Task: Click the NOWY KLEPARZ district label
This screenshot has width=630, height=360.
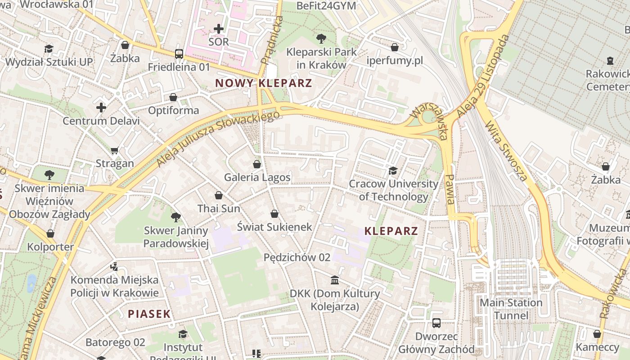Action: (x=263, y=83)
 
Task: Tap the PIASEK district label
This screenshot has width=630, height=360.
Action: (x=149, y=314)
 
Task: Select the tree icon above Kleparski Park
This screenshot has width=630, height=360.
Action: (x=321, y=38)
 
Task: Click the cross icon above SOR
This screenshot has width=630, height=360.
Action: (x=219, y=29)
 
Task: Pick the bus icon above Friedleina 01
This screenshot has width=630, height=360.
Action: (x=179, y=54)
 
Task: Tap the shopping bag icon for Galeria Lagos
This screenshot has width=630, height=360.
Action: (x=257, y=164)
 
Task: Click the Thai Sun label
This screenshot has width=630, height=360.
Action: (x=219, y=209)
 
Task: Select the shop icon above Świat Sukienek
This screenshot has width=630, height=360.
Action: (x=274, y=214)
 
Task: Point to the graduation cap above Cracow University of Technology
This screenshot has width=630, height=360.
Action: (x=393, y=171)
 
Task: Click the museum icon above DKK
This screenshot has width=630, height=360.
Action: (x=335, y=280)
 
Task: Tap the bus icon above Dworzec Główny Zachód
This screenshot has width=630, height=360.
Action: (x=436, y=323)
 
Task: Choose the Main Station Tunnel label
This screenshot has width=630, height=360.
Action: (x=511, y=309)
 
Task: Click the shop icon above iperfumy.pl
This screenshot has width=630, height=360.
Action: (x=395, y=47)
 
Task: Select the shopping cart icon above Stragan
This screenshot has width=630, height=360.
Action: (x=115, y=150)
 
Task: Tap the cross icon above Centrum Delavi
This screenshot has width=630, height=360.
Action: (x=101, y=108)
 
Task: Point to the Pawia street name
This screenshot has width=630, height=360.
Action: (x=449, y=189)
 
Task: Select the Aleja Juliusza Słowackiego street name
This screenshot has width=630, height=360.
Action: (x=218, y=139)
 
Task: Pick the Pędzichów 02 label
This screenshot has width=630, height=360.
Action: (x=297, y=257)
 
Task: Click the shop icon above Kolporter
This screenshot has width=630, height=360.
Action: (x=50, y=234)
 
